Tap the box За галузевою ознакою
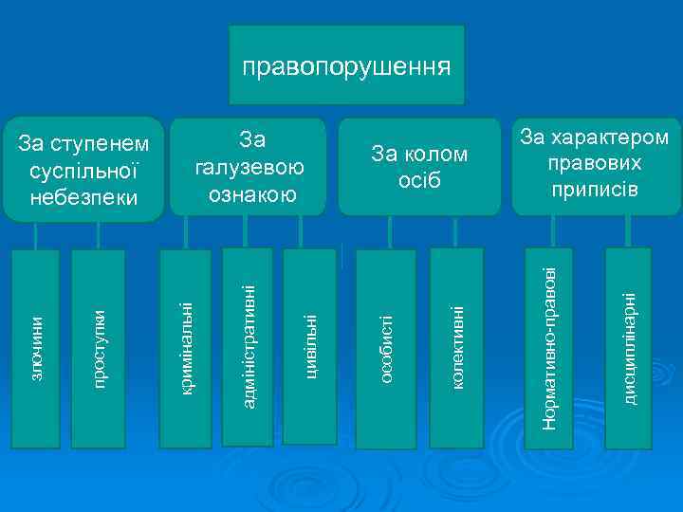click(x=248, y=167)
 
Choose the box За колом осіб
click(x=419, y=167)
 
